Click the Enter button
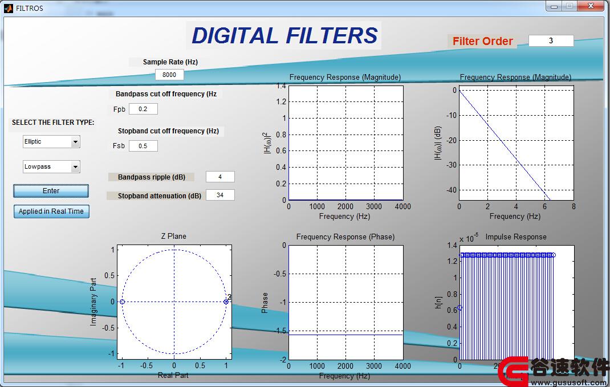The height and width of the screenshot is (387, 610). (x=51, y=191)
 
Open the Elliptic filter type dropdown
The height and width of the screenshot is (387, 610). (x=51, y=141)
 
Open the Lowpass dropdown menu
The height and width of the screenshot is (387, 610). (x=51, y=167)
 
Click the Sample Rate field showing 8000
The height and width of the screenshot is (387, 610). (x=169, y=75)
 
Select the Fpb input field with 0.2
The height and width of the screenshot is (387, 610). (x=143, y=109)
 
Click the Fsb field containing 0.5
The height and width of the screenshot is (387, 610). (x=143, y=146)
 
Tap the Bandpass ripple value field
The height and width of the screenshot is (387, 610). (x=220, y=177)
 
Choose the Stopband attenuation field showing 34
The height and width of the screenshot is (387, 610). (x=220, y=195)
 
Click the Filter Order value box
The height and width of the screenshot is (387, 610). (x=551, y=40)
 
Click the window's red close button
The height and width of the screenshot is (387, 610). (x=591, y=6)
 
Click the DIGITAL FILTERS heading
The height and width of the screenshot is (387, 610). (x=284, y=35)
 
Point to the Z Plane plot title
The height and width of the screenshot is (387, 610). (x=173, y=236)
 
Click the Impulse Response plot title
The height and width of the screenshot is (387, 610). (x=516, y=237)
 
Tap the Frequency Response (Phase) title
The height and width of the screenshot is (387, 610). (x=345, y=237)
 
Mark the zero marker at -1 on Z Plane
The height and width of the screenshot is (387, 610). (x=122, y=302)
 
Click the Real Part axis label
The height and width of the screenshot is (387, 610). (x=173, y=376)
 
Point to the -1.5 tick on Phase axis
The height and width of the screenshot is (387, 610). (x=280, y=331)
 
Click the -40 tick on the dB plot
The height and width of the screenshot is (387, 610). (x=452, y=190)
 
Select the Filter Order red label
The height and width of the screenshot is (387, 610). (x=483, y=41)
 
